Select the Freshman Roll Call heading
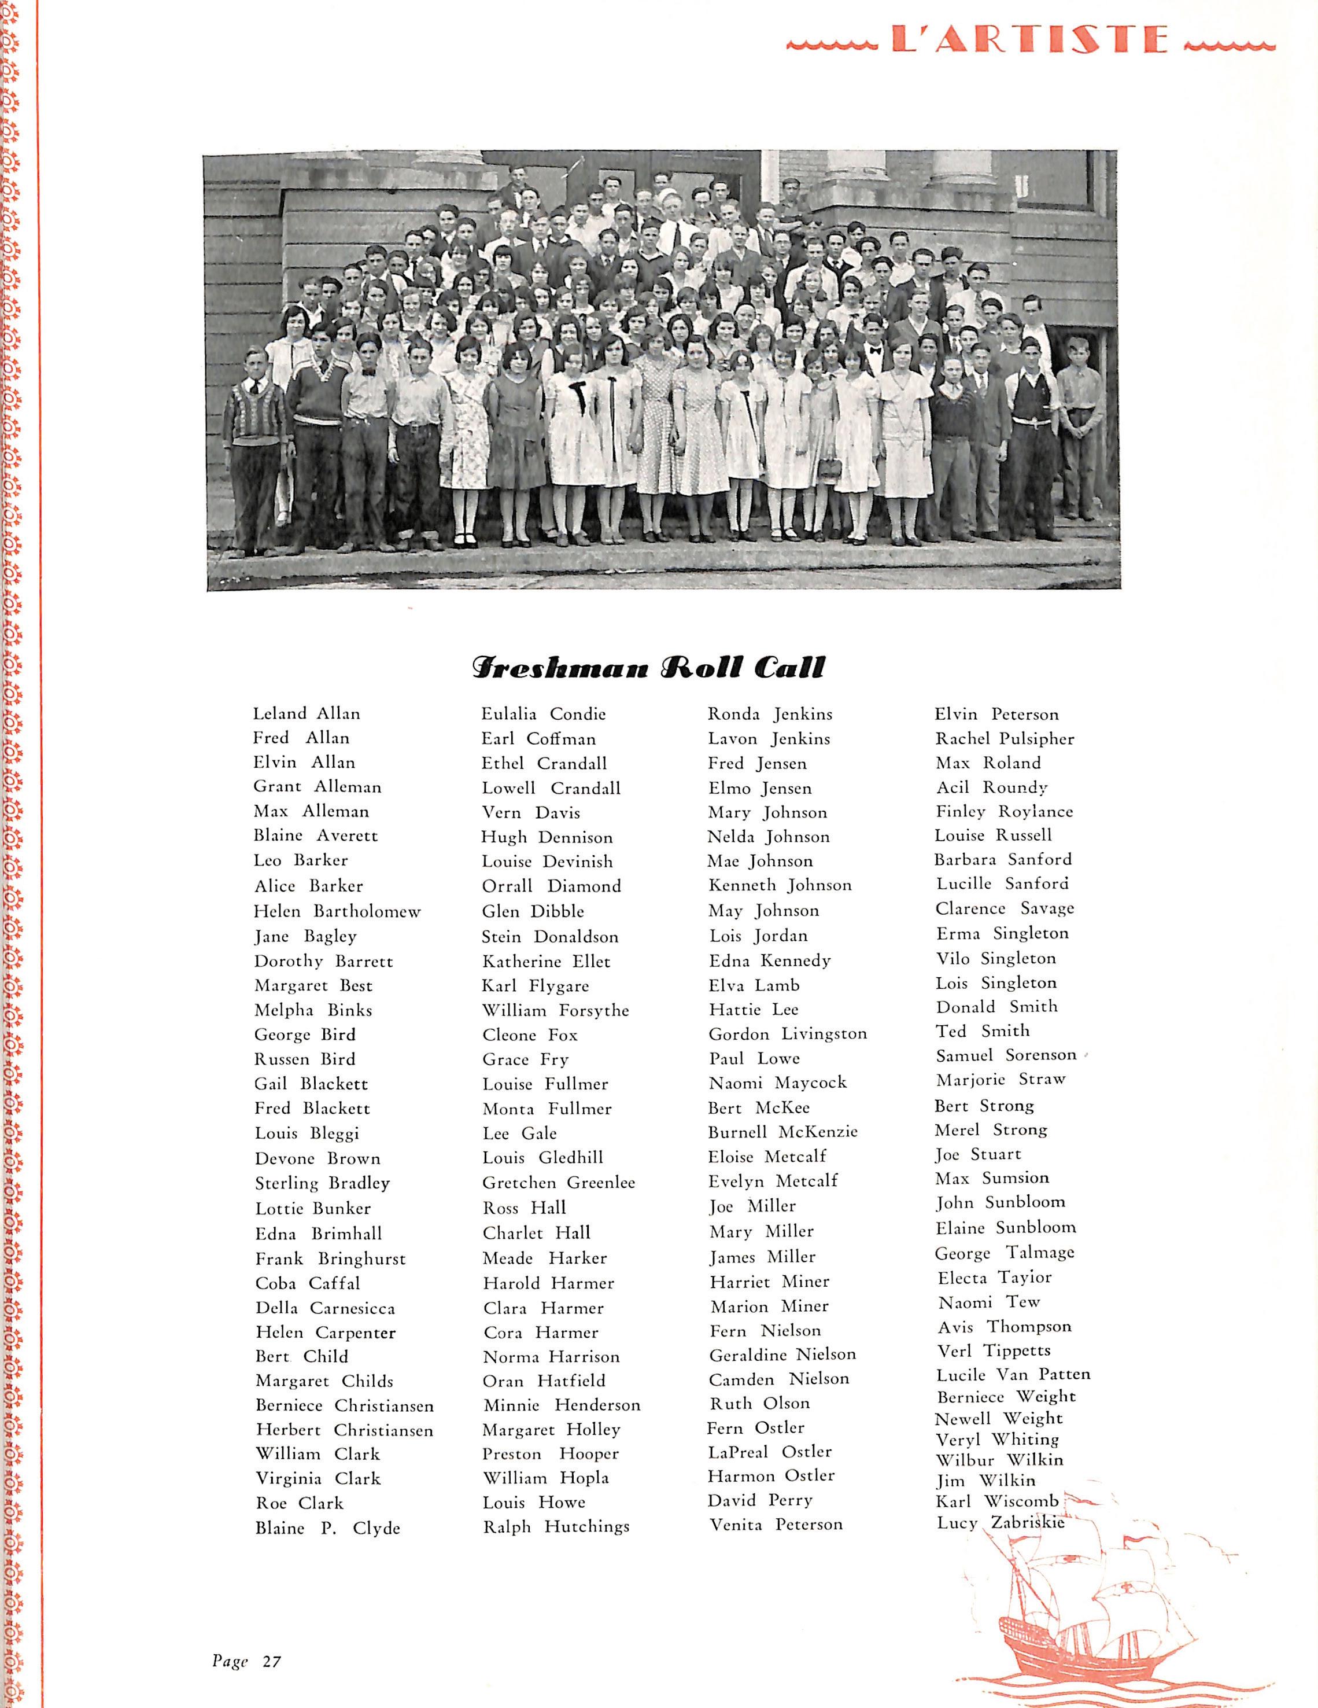click(x=648, y=667)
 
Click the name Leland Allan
click(x=307, y=713)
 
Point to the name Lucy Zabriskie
click(x=1000, y=1522)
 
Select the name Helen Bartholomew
click(x=337, y=911)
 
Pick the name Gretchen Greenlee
click(x=558, y=1183)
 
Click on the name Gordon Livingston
click(x=787, y=1034)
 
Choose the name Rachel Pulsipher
click(x=1005, y=738)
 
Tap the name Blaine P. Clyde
click(x=327, y=1527)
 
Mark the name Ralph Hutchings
click(x=556, y=1526)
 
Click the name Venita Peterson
click(x=776, y=1523)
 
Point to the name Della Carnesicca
click(x=324, y=1308)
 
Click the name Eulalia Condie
click(x=543, y=713)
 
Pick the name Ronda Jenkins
click(x=769, y=714)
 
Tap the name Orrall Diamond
click(x=551, y=886)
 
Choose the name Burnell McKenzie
click(x=782, y=1132)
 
